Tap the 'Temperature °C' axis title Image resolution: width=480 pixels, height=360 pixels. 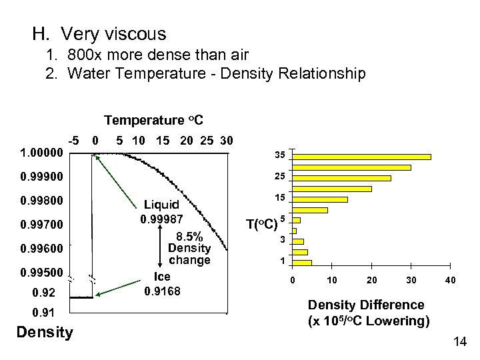(153, 120)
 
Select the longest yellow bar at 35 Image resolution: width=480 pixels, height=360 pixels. (363, 157)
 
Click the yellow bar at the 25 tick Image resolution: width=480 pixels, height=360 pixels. (343, 178)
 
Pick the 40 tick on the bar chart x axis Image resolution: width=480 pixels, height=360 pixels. (451, 281)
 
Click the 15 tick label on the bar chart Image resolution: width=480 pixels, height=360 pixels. (282, 199)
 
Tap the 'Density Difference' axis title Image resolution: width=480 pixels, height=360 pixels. (365, 305)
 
